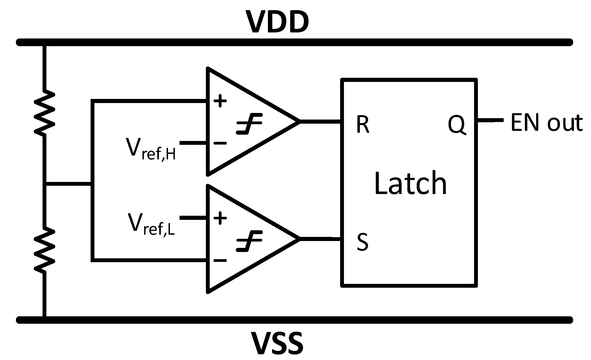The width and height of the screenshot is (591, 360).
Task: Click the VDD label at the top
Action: tap(278, 22)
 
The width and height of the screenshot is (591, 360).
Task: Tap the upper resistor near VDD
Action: tap(44, 113)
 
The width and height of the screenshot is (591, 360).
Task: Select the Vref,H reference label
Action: tap(151, 148)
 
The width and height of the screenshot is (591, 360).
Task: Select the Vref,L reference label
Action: tap(151, 224)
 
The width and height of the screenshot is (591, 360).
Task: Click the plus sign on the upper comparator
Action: tap(220, 101)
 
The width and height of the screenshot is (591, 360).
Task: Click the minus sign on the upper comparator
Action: tap(220, 143)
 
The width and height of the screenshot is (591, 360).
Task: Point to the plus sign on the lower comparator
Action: tap(220, 218)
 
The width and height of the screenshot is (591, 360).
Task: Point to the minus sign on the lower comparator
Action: tap(220, 260)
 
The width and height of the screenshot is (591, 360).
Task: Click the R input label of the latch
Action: tap(363, 124)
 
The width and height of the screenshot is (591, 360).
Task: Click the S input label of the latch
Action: tap(362, 242)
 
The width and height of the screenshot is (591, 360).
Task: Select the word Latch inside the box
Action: tap(411, 183)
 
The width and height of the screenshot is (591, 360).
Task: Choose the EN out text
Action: tap(546, 123)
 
